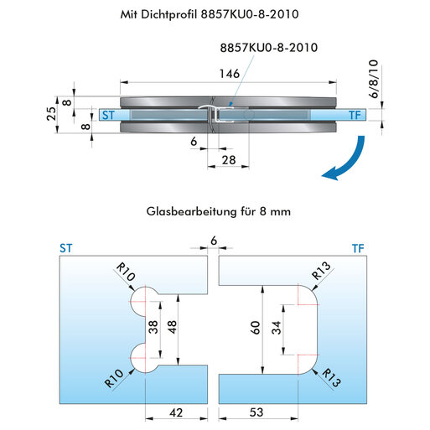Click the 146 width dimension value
(x=230, y=74)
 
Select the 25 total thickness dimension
(x=52, y=114)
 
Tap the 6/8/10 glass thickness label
(x=374, y=79)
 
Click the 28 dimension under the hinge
(x=229, y=160)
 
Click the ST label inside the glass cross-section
(x=108, y=115)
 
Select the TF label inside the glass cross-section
(x=355, y=115)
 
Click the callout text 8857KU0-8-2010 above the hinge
(x=269, y=48)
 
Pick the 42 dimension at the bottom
(x=176, y=412)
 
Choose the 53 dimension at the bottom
(x=256, y=412)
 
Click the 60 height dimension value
(x=256, y=328)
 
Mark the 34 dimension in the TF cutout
(x=277, y=328)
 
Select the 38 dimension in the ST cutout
(x=153, y=327)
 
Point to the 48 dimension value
(x=173, y=327)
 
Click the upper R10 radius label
(x=126, y=272)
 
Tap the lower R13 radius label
(x=332, y=378)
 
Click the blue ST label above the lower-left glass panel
(x=66, y=248)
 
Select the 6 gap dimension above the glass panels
(x=214, y=241)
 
